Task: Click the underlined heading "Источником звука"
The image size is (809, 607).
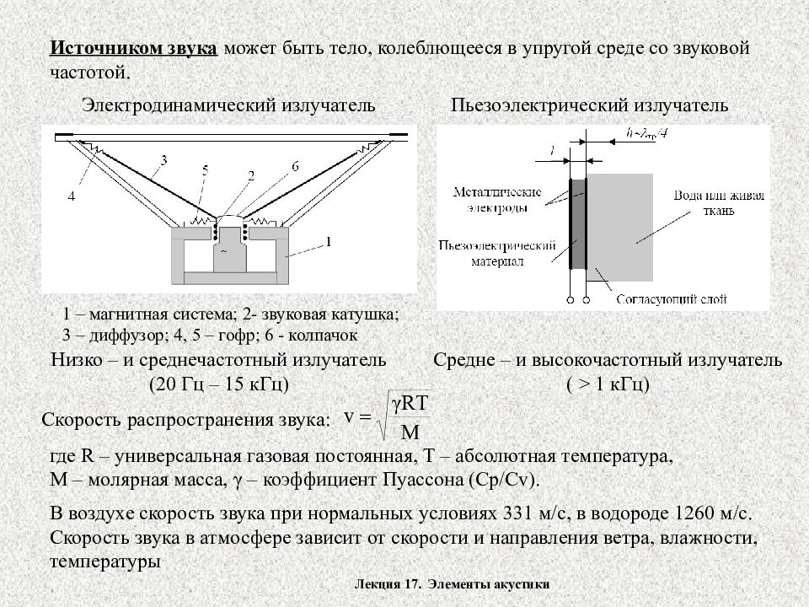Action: coord(134,48)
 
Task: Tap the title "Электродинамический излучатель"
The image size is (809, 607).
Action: coord(228,105)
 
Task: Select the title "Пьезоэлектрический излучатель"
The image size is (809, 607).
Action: coord(589,105)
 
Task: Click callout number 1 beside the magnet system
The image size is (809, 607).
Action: coord(328,242)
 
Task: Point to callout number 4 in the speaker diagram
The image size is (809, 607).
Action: coord(72,196)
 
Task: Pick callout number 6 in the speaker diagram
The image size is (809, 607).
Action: coord(296,166)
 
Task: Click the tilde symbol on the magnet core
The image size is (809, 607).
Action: coord(224,251)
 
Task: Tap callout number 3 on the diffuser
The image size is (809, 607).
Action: coord(164,160)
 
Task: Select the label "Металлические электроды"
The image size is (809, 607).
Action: coord(497,201)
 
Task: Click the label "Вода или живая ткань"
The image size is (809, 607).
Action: coord(719,203)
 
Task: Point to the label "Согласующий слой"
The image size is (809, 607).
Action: coord(672,299)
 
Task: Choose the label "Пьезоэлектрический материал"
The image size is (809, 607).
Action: coord(497,253)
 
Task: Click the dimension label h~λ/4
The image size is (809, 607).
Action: coord(647,133)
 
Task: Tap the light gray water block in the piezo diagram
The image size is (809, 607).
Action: coord(620,227)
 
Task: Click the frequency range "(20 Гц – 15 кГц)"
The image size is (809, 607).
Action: coord(219,384)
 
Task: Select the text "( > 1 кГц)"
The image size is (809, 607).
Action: coord(608,384)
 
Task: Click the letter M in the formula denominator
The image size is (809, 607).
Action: coord(410,432)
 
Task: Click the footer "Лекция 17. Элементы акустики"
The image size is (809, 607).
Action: coord(452,584)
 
